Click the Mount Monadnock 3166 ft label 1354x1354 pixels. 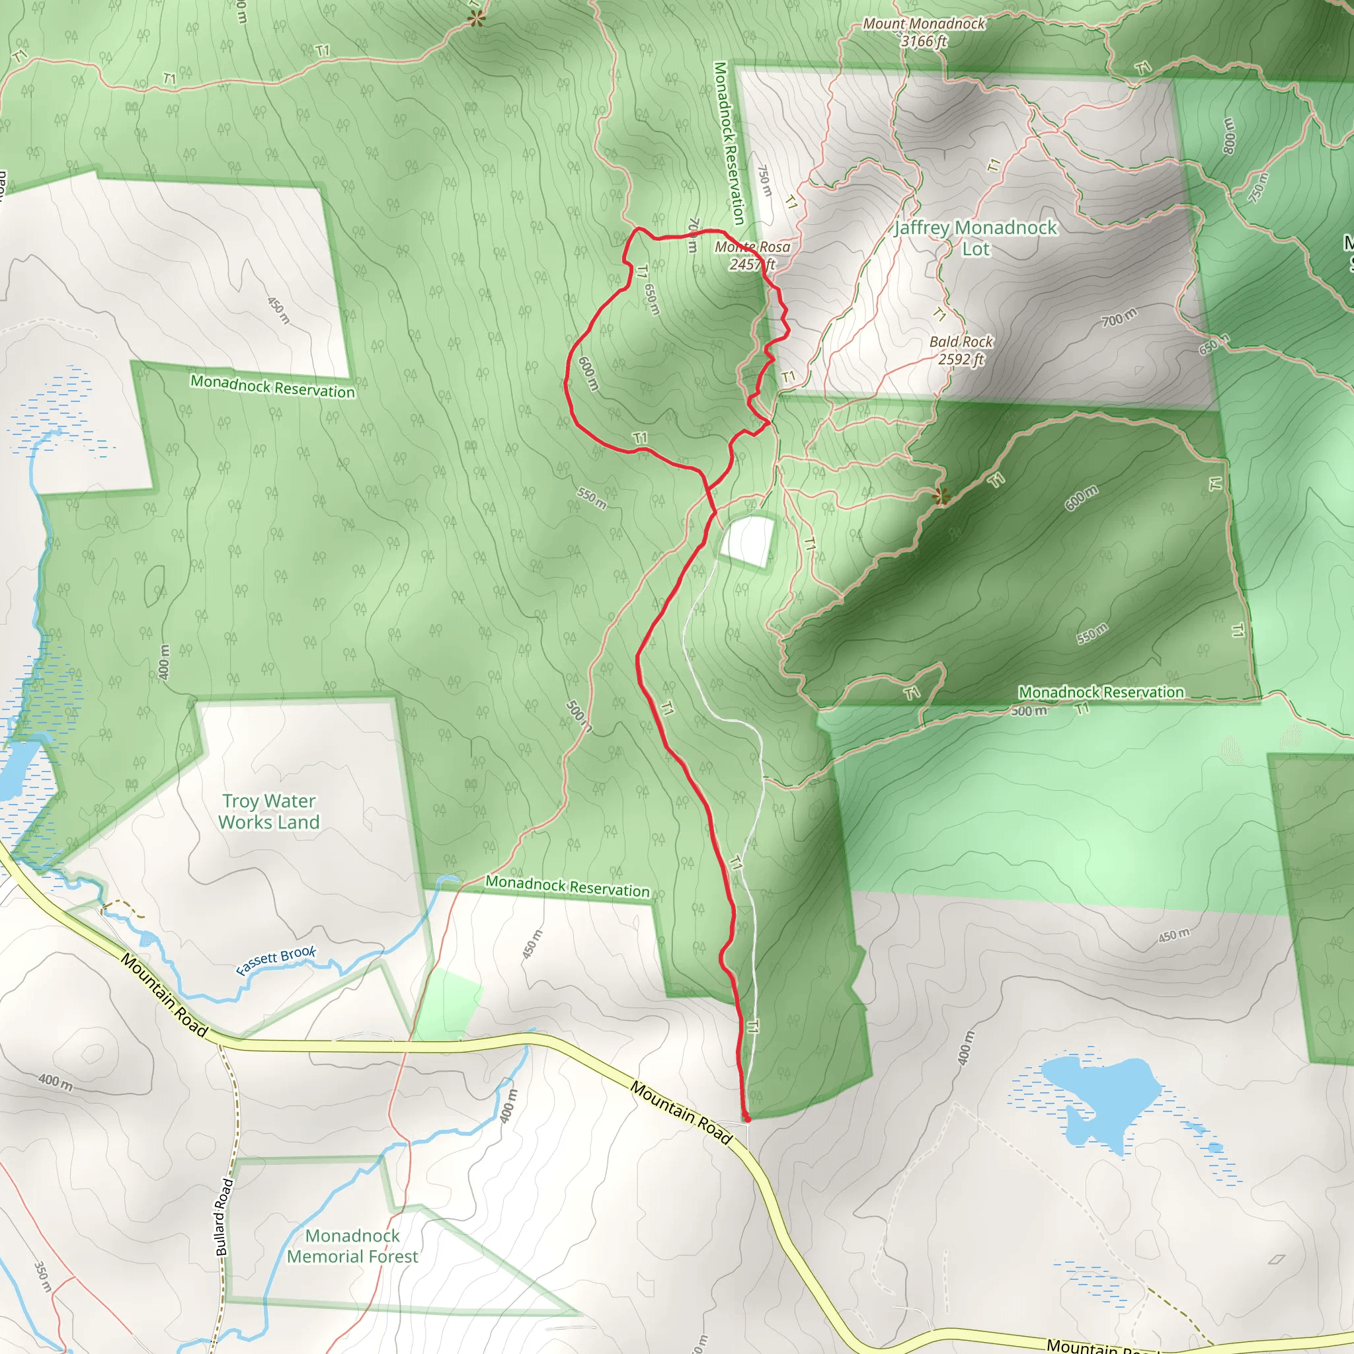point(923,32)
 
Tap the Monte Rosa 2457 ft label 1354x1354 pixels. point(752,255)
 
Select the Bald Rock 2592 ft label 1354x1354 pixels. point(961,350)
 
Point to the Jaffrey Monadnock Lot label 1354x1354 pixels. point(976,237)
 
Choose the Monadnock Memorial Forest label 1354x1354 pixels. point(352,1246)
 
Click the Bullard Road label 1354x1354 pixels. point(223,1216)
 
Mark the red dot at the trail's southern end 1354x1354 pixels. point(747,1119)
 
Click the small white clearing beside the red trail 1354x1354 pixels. point(748,540)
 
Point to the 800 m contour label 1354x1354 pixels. point(1228,136)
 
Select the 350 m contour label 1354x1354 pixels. point(43,1277)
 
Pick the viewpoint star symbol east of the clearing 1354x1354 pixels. point(942,497)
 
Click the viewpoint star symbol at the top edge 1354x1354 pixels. point(477,19)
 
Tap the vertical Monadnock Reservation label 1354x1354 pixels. point(729,143)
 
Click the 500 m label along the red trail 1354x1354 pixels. point(578,715)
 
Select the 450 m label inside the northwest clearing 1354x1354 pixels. point(278,310)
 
